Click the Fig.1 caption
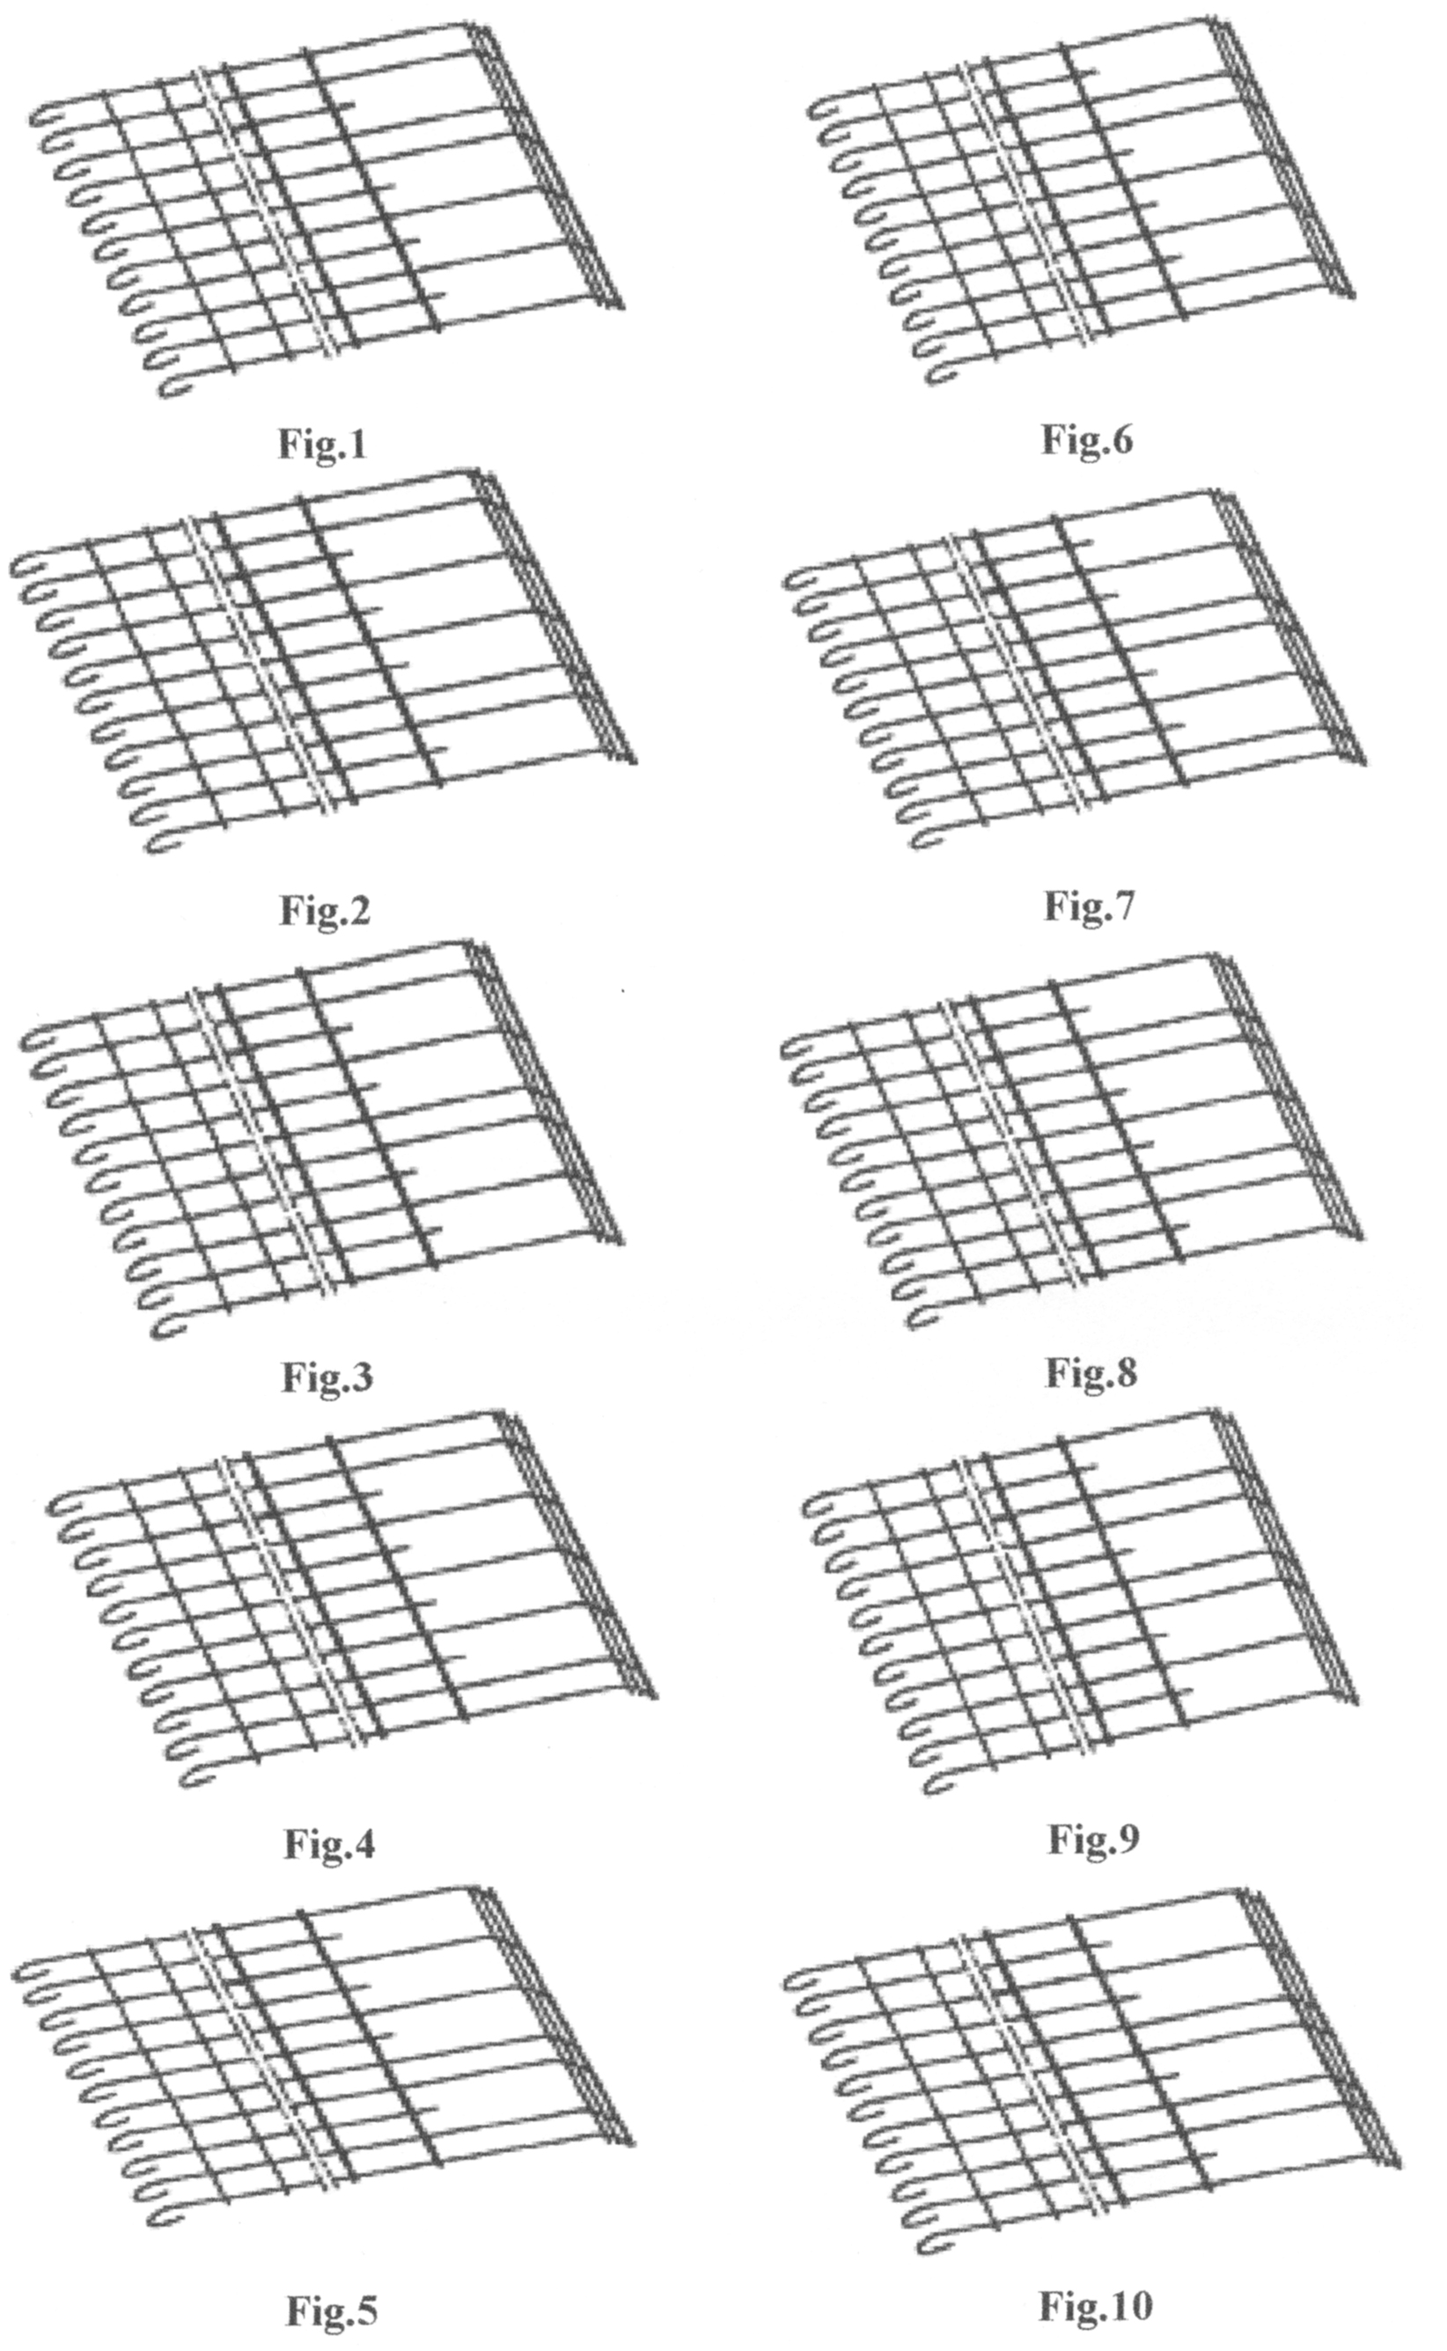pyautogui.click(x=322, y=444)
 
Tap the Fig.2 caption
pyautogui.click(x=326, y=910)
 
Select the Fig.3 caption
pyautogui.click(x=327, y=1376)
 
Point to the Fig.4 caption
pyautogui.click(x=330, y=1843)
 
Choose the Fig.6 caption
pyautogui.click(x=1087, y=439)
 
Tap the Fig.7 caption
pyautogui.click(x=1089, y=904)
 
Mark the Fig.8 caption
pyautogui.click(x=1091, y=1372)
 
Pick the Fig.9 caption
pyautogui.click(x=1094, y=1837)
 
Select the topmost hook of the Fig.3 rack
pyautogui.click(x=33, y=1041)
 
